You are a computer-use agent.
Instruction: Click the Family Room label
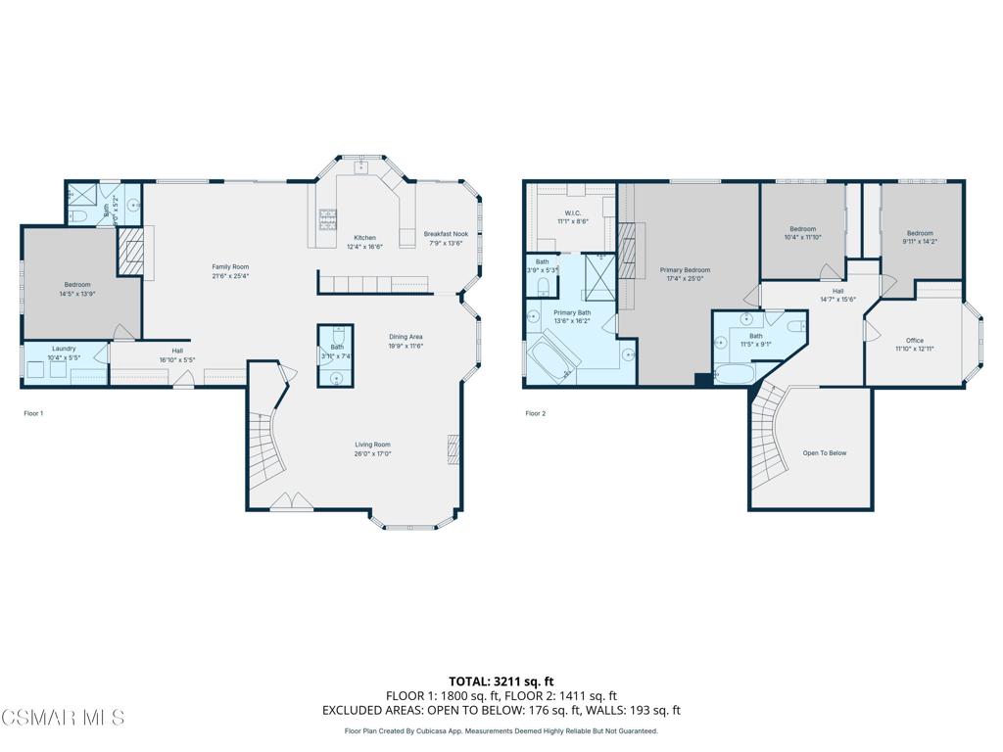231,267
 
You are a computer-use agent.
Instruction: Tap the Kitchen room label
364,238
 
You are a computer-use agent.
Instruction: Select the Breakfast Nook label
446,234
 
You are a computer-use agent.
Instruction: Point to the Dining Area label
405,337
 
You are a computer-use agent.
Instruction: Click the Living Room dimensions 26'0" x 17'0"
372,454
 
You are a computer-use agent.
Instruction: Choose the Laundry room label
64,348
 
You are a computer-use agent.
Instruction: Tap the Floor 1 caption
33,413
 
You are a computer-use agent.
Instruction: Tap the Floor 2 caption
536,413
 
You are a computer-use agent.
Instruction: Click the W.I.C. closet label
573,212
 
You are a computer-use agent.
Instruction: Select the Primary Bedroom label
685,270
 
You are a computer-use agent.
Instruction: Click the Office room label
914,341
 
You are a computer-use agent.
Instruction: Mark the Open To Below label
824,453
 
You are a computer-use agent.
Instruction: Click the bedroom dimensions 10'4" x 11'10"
802,237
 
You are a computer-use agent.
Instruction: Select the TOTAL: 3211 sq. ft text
501,681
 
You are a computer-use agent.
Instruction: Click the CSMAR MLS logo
63,718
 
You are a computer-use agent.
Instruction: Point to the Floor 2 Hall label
838,291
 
